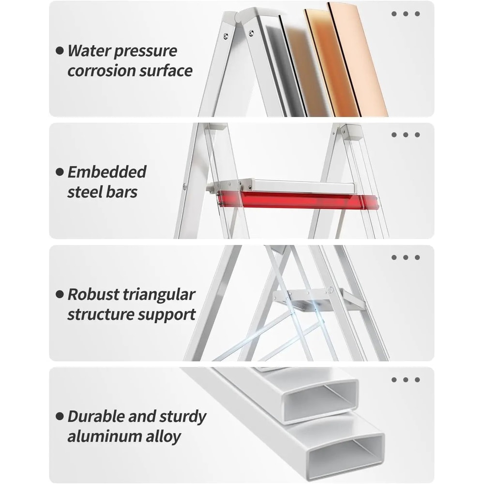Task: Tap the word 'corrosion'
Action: click(95, 71)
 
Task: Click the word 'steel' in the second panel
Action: click(84, 192)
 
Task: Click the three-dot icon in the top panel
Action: click(406, 14)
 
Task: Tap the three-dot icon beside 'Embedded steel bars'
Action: click(406, 135)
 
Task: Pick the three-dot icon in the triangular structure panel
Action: click(406, 257)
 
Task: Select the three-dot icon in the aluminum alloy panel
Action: click(406, 380)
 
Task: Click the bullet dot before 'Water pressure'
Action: click(60, 50)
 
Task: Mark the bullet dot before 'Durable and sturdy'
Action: click(60, 416)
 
